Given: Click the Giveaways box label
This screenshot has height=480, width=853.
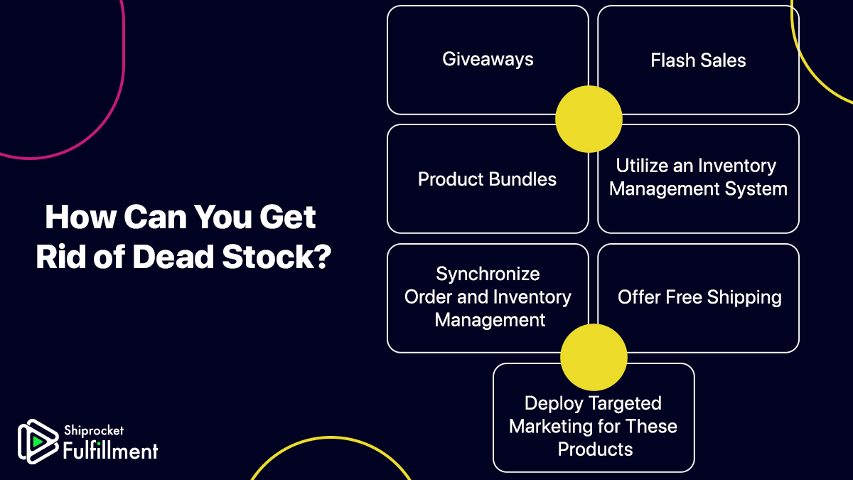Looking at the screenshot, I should point(488,59).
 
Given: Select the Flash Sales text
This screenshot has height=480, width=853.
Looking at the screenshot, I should point(698,60).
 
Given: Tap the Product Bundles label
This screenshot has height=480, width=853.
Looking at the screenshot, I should point(487,179).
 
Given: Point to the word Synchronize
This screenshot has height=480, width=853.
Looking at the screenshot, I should point(488,274).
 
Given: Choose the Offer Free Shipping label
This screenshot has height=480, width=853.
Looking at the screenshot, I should point(699,297).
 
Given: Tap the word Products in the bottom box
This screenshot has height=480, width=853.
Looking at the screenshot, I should point(595,449).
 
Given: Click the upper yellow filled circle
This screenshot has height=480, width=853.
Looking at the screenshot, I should point(589,119).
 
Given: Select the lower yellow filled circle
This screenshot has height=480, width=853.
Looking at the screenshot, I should point(594,358).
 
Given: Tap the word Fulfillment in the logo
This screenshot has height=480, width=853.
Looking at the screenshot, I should point(110,450).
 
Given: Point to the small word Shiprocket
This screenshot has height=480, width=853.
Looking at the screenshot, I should point(93,431).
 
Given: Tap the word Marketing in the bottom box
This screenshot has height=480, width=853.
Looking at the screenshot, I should point(554,427).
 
